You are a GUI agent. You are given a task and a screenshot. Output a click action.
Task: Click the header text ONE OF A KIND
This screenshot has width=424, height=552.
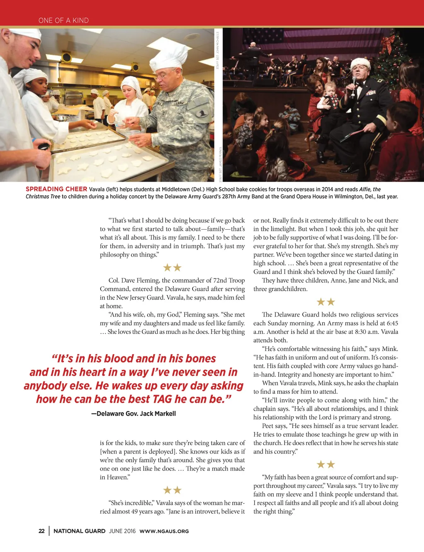point(63,20)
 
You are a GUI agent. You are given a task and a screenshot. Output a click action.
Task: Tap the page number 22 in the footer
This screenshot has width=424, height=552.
point(41,531)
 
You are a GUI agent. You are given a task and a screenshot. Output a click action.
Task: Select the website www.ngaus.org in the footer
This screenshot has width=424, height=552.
point(164,531)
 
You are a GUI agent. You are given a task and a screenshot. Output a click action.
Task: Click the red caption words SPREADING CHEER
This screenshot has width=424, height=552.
point(56,189)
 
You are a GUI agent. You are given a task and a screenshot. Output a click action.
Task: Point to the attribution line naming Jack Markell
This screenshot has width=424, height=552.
point(133,413)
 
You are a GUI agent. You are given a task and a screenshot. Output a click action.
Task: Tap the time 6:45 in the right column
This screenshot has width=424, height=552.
point(389,323)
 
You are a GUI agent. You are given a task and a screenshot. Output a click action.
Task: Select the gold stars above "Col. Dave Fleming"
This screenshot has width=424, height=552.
point(172,268)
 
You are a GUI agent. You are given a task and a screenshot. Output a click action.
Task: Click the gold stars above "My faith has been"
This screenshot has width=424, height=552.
point(325,465)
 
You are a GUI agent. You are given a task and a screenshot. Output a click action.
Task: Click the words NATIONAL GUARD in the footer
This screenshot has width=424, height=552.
point(79,531)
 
